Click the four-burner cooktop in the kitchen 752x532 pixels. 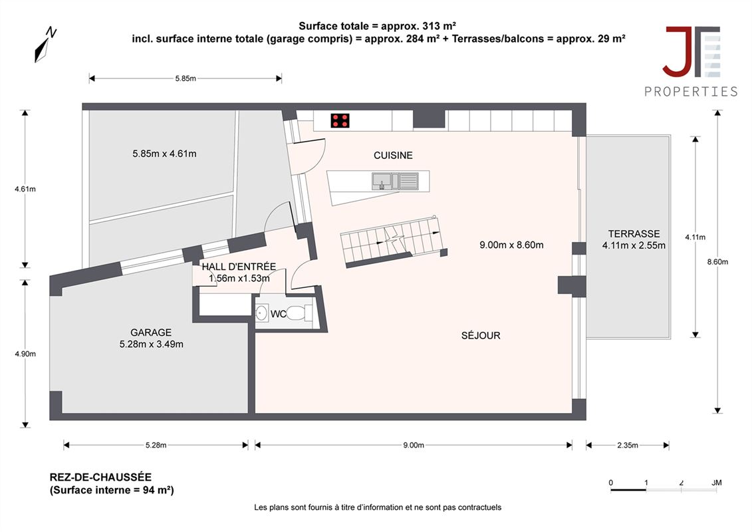(340, 121)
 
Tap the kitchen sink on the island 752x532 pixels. (395, 181)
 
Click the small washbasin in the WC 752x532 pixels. (261, 313)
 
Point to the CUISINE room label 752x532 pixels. (393, 156)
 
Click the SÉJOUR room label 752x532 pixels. (481, 336)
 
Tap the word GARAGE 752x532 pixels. (151, 332)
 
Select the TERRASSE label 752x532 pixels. (634, 234)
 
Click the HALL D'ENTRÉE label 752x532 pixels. (239, 267)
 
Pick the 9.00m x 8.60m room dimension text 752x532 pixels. (512, 245)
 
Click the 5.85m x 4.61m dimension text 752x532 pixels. (164, 154)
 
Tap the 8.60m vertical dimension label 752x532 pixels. (718, 262)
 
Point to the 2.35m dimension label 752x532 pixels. (627, 445)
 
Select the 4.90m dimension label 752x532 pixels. (25, 354)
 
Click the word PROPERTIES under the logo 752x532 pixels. (691, 92)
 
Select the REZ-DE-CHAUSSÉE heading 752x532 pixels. (100, 477)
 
